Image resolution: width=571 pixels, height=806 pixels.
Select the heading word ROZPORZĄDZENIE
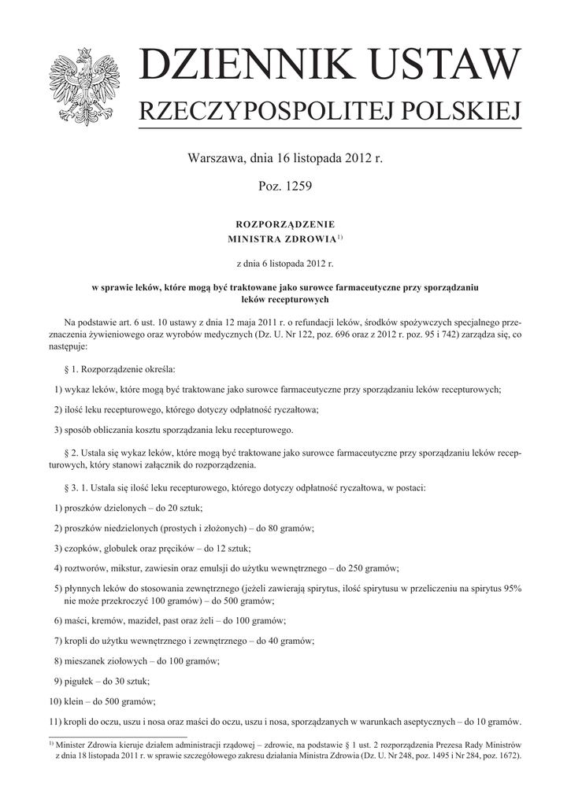point(285,224)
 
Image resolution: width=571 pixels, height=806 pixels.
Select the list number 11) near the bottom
point(54,721)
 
